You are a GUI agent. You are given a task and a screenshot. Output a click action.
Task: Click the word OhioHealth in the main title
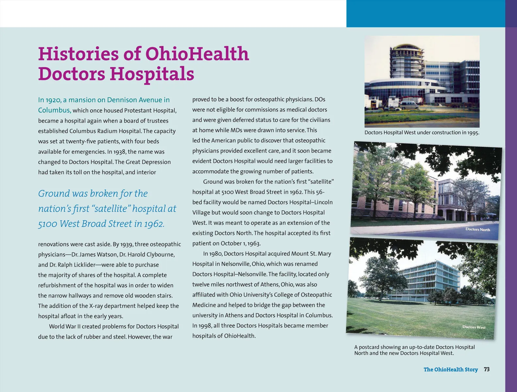(x=197, y=54)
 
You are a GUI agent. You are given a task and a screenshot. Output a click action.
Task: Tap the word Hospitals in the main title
(x=152, y=74)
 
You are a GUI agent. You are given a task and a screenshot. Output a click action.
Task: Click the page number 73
(x=487, y=369)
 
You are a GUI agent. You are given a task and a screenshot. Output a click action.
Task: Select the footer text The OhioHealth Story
(x=450, y=369)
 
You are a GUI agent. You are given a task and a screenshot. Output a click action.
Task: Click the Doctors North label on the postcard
(x=477, y=229)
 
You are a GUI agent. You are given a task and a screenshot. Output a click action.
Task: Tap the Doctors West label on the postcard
(x=474, y=327)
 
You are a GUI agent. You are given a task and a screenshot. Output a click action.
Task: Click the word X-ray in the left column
(x=98, y=306)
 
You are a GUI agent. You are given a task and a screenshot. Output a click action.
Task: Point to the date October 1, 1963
(x=240, y=243)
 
